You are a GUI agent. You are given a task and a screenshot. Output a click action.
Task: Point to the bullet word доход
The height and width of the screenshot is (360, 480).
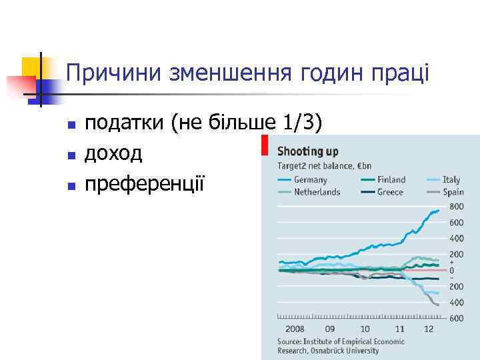[x=113, y=153]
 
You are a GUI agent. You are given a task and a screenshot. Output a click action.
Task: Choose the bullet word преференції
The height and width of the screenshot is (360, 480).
[x=145, y=183]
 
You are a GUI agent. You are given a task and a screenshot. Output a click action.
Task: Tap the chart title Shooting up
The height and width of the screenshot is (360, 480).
[x=308, y=151]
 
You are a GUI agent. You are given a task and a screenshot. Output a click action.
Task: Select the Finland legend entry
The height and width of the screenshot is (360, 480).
[x=391, y=179]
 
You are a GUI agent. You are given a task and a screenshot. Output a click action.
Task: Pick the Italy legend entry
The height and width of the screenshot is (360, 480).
[x=451, y=179]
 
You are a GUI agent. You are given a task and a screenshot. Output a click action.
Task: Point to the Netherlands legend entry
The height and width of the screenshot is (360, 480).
[x=317, y=192]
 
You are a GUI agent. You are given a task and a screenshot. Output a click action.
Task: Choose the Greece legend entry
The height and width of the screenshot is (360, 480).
[x=390, y=192]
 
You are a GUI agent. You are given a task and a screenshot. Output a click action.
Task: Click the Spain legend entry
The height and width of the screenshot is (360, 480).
[x=453, y=192]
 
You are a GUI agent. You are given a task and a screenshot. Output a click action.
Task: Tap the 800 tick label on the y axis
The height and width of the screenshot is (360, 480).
[x=457, y=207]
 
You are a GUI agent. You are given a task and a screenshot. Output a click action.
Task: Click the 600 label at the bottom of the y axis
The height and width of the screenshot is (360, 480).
[x=457, y=319]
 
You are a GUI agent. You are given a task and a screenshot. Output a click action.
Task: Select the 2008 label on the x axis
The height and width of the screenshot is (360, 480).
[x=295, y=329]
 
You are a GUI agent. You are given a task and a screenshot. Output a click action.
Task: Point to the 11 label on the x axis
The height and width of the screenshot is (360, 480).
[x=399, y=329]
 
